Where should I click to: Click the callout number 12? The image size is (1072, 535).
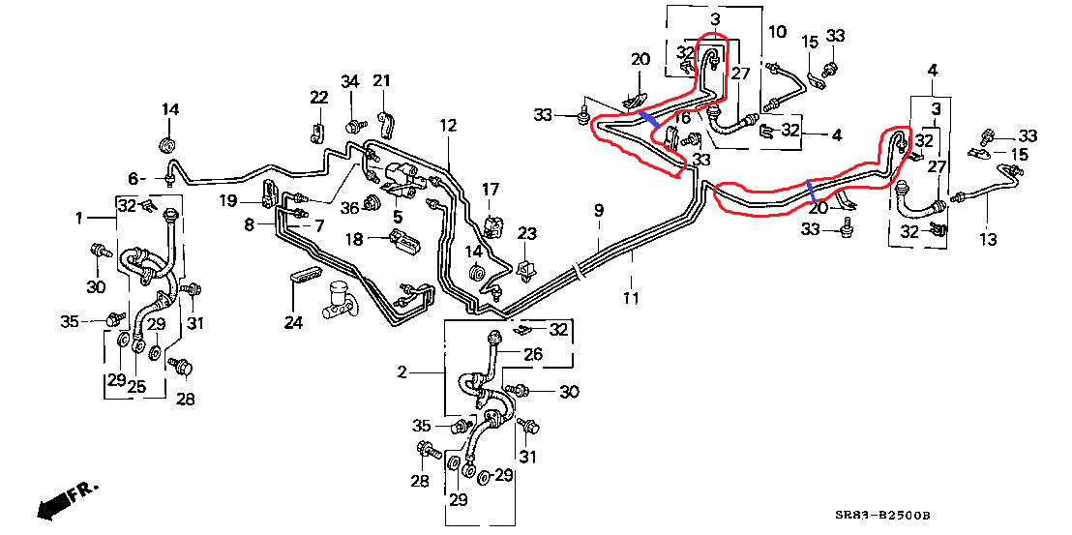point(446,125)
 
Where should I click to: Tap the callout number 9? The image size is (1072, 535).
point(599,210)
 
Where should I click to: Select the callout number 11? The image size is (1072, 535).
point(631,298)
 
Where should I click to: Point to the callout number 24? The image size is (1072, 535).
point(293,322)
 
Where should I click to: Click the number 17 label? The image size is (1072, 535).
point(491,189)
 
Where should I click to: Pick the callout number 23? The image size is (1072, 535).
point(526,233)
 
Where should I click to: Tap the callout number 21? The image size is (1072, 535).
point(381,80)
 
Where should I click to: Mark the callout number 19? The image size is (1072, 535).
point(227,201)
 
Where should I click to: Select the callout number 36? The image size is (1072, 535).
point(349,206)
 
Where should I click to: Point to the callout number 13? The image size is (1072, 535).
point(987,240)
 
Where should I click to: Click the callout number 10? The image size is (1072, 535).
point(777,32)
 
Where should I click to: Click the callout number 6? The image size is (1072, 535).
point(134,178)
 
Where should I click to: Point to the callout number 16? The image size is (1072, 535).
point(682,118)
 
